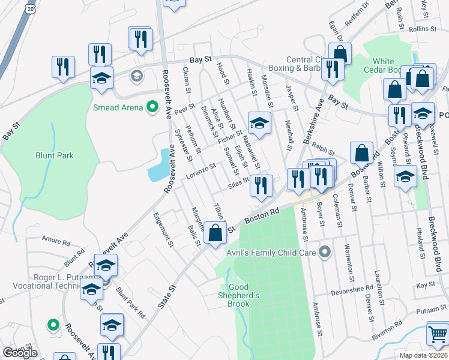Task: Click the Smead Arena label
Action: click(118, 107)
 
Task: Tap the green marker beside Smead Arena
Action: click(152, 107)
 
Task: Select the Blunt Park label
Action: click(53, 155)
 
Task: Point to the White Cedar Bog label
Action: click(384, 65)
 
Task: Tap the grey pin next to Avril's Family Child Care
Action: click(325, 251)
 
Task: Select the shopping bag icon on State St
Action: click(215, 232)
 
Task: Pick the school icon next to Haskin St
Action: click(259, 123)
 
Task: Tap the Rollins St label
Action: click(421, 29)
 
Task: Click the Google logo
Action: click(20, 353)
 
